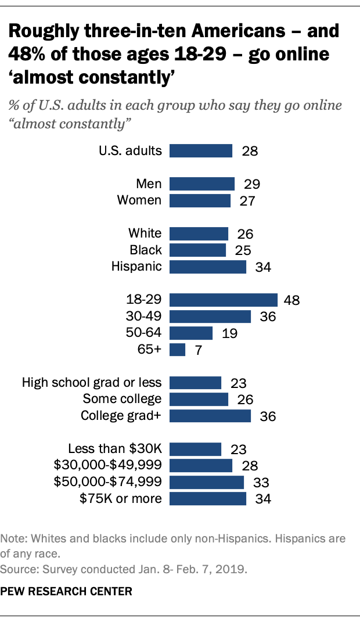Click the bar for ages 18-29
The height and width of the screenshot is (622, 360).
tap(223, 300)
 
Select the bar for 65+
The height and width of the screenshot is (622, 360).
tap(177, 350)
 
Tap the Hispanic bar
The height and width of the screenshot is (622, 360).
tap(208, 267)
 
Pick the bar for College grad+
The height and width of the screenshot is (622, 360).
tap(210, 416)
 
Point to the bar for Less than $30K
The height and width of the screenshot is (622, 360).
tap(195, 449)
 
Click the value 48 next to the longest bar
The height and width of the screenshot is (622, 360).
tap(291, 300)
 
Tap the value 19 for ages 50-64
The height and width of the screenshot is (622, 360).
tap(229, 333)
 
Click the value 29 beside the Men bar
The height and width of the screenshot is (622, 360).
tap(251, 185)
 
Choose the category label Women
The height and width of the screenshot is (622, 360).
tap(139, 200)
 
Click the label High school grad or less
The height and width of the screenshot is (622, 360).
tap(92, 383)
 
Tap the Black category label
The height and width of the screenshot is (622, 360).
tap(146, 250)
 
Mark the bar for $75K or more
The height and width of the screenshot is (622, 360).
tap(208, 499)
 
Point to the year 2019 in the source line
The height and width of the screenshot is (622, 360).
tap(233, 570)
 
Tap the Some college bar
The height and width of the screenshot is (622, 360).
tap(199, 400)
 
